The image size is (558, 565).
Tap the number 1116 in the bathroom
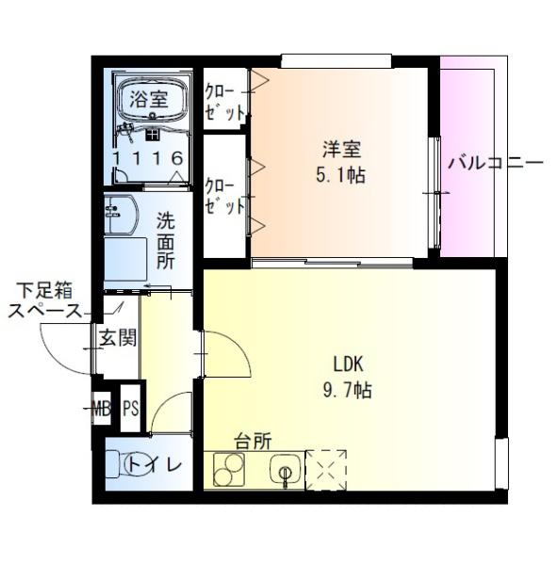coord(146,158)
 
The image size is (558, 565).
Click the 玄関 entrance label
coord(118,337)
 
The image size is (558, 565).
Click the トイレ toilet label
coord(155,463)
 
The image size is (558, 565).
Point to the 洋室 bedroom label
coord(341,149)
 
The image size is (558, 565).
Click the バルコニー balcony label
coord(495,162)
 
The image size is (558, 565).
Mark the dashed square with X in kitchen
coord(326,469)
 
